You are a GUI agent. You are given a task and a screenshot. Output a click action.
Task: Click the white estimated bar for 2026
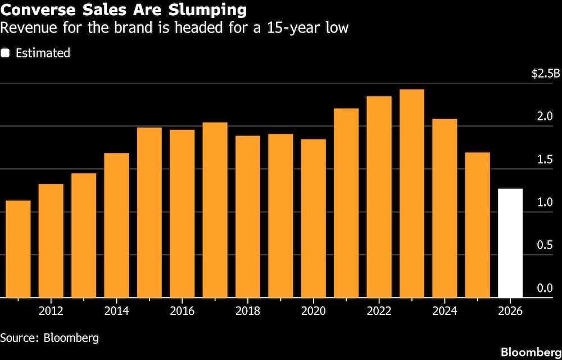point(510,243)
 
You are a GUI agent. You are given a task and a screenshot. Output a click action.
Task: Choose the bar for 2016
point(182,213)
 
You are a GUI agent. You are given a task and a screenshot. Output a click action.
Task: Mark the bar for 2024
point(445,208)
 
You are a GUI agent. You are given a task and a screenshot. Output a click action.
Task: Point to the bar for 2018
point(248,216)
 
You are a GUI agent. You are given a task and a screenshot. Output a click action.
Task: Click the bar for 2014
point(116,225)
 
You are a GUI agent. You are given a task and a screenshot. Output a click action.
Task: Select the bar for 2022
point(379,196)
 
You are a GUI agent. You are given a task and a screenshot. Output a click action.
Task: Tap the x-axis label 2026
point(510,311)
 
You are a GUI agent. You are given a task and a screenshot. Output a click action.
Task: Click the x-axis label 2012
point(51,311)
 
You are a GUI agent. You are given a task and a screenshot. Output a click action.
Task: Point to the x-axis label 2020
point(314,311)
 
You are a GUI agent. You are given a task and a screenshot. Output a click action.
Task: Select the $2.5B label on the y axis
point(546,74)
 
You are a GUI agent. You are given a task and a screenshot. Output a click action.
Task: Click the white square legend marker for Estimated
point(6,53)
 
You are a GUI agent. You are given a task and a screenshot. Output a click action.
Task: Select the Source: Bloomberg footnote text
point(49,337)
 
